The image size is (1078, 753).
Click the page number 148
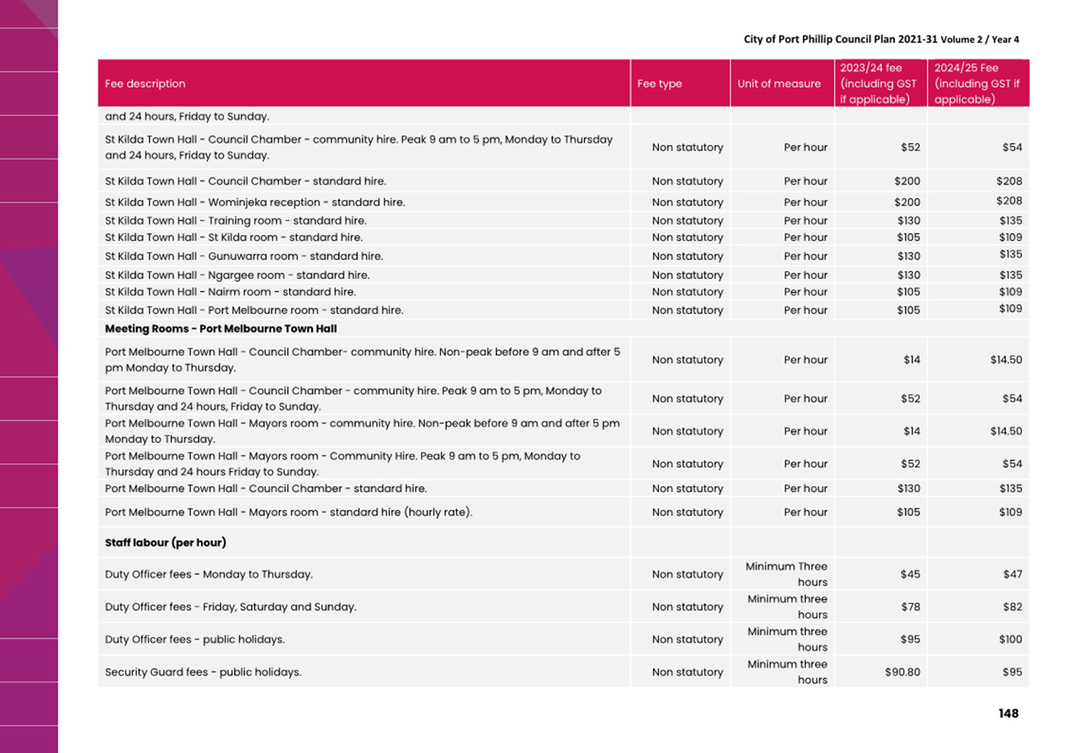[x=1008, y=713]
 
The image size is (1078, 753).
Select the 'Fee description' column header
[x=145, y=83]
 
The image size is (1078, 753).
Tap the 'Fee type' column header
[x=659, y=83]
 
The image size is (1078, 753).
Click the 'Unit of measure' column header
[x=779, y=83]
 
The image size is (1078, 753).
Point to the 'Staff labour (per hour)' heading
[x=166, y=543]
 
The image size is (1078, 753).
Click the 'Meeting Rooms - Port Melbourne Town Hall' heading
[x=221, y=329]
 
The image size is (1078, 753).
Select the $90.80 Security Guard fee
[x=902, y=672]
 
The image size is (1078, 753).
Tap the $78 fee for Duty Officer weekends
[x=910, y=607]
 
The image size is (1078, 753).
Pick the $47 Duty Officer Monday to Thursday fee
[x=1012, y=574]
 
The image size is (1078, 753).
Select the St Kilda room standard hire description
[x=234, y=238]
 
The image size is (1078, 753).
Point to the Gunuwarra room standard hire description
[x=244, y=256]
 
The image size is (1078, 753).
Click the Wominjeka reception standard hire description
[x=254, y=202]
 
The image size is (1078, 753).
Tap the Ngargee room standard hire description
[x=237, y=275]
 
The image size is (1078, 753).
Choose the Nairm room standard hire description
[x=230, y=292]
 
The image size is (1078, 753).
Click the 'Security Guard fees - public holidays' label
[x=203, y=672]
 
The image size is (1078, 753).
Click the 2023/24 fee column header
[x=879, y=83]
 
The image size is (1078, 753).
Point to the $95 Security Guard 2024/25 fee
[x=1012, y=672]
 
